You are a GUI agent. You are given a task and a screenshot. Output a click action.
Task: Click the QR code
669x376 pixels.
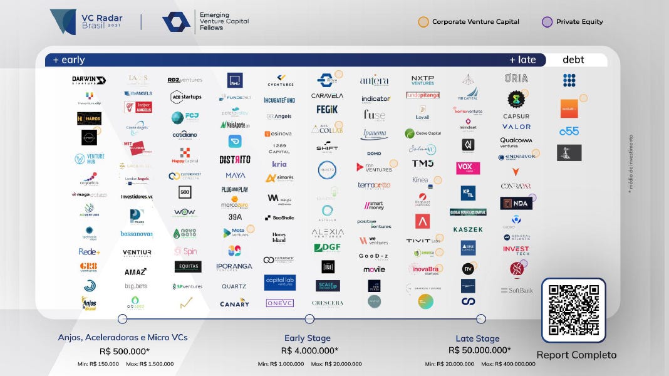click(x=573, y=310)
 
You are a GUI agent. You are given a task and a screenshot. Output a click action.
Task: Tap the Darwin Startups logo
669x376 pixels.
click(x=89, y=80)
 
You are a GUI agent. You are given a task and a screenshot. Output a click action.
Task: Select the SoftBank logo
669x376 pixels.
click(x=517, y=290)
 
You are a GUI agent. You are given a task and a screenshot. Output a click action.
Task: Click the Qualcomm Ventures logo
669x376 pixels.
click(x=516, y=142)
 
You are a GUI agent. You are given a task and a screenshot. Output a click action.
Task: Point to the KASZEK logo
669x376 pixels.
click(x=468, y=229)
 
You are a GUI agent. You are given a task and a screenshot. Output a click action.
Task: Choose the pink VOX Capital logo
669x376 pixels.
click(x=468, y=168)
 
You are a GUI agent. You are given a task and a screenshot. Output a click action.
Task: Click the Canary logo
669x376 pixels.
click(x=235, y=303)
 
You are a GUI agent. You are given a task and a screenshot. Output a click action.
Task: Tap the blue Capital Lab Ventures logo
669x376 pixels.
click(x=279, y=282)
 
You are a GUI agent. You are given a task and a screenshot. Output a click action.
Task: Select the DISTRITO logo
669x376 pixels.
click(x=235, y=159)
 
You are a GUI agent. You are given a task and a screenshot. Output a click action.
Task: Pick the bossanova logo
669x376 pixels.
click(x=137, y=234)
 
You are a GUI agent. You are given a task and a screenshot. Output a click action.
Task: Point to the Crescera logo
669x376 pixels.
click(x=328, y=303)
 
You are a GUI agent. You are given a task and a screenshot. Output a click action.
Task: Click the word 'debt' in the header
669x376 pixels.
click(x=573, y=60)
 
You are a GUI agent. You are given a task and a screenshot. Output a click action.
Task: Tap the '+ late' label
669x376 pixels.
click(x=522, y=60)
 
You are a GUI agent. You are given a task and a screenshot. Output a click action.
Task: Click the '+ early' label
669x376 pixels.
click(x=69, y=60)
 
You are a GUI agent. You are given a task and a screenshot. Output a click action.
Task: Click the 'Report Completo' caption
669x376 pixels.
click(x=576, y=355)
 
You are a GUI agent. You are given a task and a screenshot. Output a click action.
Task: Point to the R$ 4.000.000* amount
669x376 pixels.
click(x=309, y=351)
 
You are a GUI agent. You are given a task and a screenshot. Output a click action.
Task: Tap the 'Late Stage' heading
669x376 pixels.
click(x=478, y=338)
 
